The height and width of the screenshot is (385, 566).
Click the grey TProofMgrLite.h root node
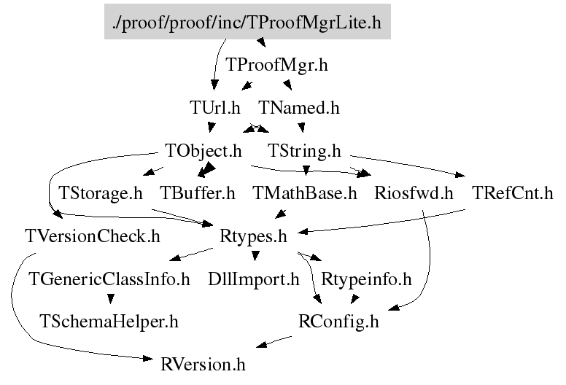tap(248, 23)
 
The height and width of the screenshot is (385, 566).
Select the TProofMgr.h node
tap(277, 66)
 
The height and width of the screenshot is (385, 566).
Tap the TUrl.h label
tap(215, 109)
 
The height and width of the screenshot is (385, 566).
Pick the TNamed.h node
tap(299, 109)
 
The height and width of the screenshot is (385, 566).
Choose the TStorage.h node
tap(101, 194)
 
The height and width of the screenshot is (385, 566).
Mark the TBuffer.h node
tap(198, 194)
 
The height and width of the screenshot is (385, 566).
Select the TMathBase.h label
tap(305, 194)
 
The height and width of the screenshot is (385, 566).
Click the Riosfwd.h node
tap(414, 194)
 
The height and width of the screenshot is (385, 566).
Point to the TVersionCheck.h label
tap(92, 236)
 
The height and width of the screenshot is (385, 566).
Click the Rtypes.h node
tap(253, 236)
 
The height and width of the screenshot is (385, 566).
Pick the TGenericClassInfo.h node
tap(109, 279)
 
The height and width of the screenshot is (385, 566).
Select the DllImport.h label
tap(254, 279)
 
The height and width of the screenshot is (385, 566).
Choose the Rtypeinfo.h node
tap(367, 279)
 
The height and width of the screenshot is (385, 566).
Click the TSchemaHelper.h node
tap(109, 321)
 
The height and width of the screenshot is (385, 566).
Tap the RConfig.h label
tap(339, 321)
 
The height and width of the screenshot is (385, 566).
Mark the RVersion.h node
tap(203, 363)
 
